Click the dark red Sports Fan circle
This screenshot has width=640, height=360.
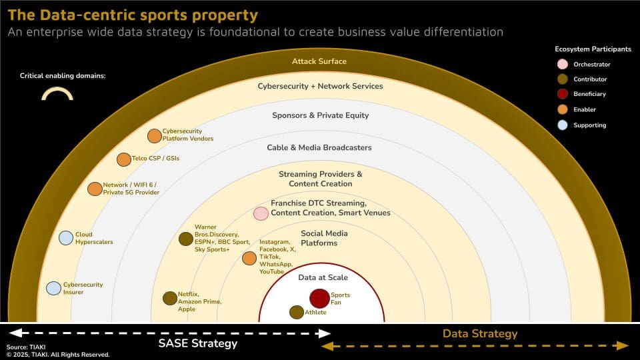pos(319,299)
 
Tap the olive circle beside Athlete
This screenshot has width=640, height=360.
pos(297,312)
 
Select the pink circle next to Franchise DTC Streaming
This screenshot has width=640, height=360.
pos(261,213)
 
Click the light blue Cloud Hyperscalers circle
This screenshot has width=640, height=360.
pos(66,237)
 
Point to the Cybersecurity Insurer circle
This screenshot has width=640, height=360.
pos(53,288)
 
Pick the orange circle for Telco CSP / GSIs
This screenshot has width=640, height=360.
pos(124,159)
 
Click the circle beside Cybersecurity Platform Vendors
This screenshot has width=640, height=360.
pos(154,135)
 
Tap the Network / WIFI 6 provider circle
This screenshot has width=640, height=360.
pos(95,189)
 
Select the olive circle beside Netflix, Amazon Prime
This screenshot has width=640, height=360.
pos(170,299)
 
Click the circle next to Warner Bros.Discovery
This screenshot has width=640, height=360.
pos(186,239)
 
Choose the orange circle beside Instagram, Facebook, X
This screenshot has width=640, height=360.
pos(249,258)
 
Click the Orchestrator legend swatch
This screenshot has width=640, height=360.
pos(563,64)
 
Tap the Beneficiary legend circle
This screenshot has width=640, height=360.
pos(563,94)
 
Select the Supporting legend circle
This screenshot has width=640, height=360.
pos(563,125)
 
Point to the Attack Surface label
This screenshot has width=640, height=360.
pos(319,61)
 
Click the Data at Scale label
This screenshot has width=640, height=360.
pos(323,277)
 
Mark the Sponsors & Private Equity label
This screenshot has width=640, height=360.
pos(321,115)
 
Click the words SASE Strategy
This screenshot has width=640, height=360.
pos(198,344)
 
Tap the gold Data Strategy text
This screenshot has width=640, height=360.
pos(480,334)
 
